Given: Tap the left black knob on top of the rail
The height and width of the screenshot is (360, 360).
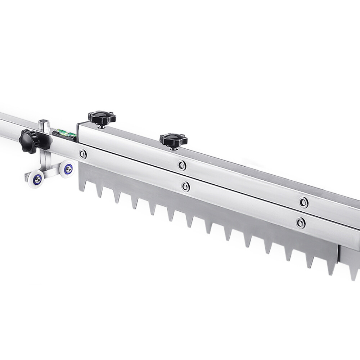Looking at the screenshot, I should coord(102,117).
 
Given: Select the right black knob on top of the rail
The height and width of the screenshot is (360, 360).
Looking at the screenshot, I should coord(174,140).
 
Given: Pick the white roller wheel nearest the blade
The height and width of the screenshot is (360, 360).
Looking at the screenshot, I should coord(67,168).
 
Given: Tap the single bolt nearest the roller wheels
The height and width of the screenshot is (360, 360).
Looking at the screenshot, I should coord(83,154).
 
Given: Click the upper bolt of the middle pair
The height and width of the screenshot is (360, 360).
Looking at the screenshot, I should coord(182,165).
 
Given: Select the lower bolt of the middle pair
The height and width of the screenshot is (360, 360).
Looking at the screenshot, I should coord(185,186).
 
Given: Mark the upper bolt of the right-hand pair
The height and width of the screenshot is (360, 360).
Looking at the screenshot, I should coord(304,202).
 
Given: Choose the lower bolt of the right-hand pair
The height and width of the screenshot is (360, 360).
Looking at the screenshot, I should coord(301,222).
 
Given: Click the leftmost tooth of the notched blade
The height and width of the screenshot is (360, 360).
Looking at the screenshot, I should coord(82,185).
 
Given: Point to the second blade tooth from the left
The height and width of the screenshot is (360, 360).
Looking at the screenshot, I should coord(99,192).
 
